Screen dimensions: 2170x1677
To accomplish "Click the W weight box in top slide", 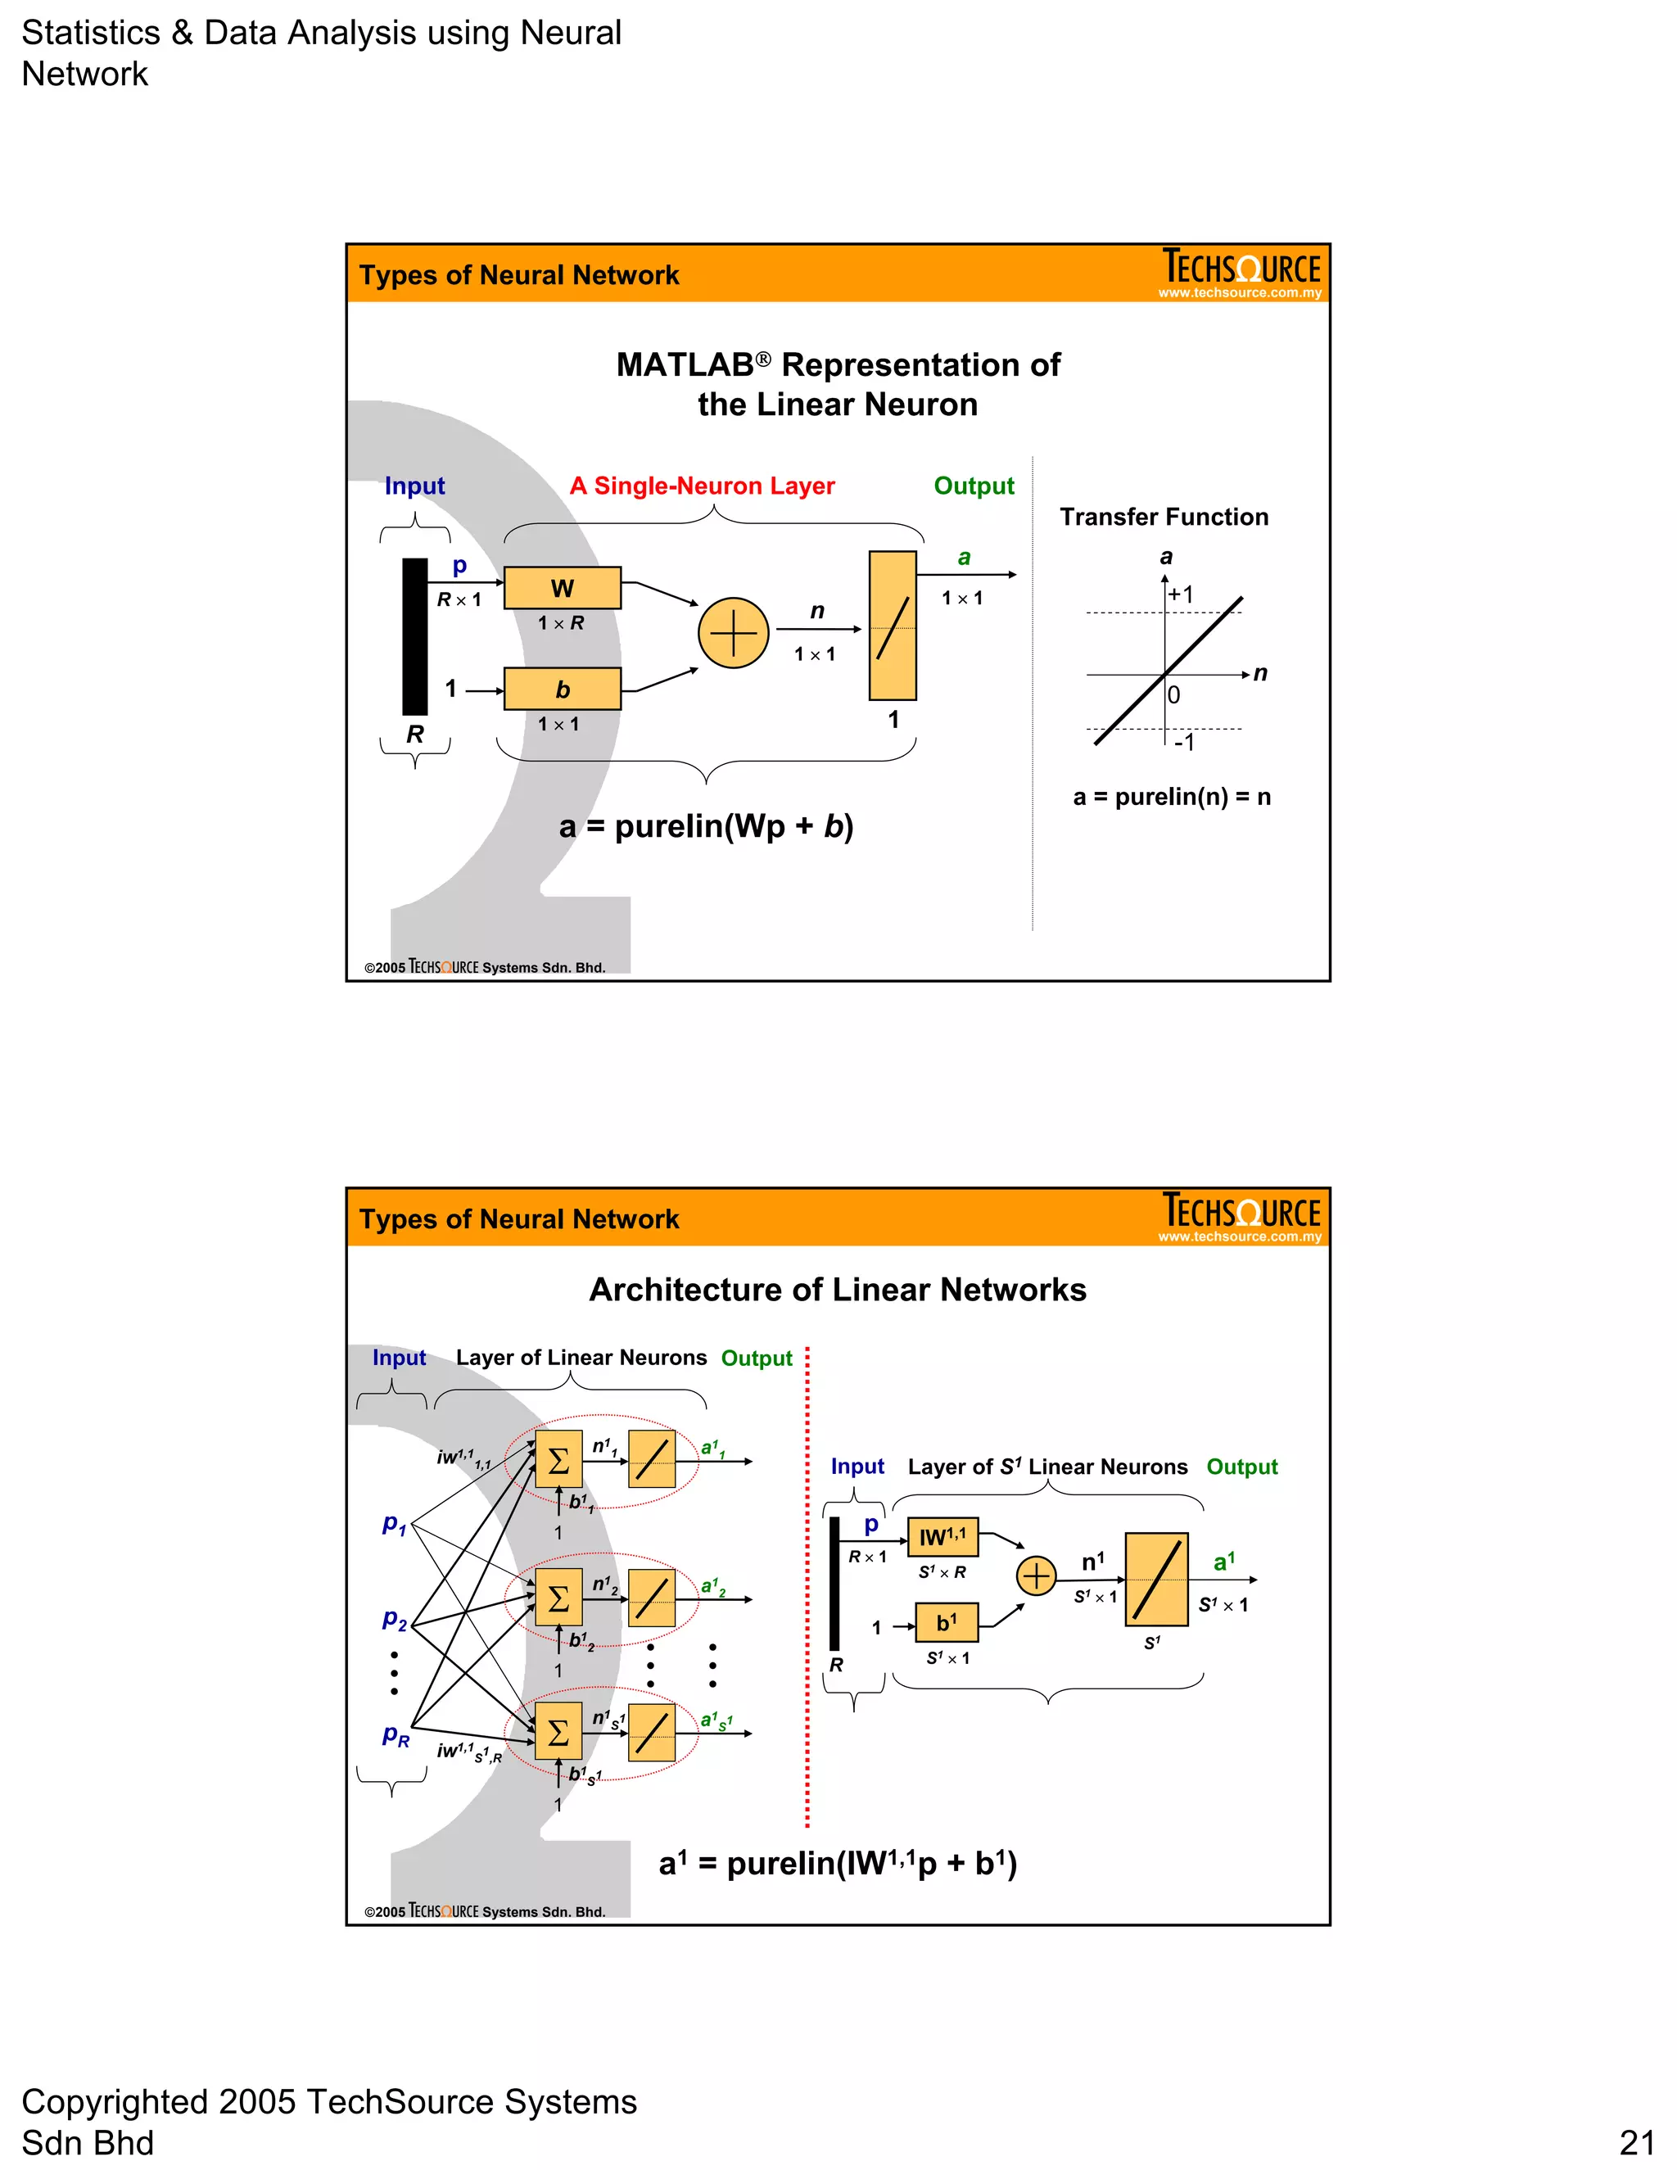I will pyautogui.click(x=563, y=588).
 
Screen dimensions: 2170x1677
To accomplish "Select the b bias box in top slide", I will pyautogui.click(x=563, y=689).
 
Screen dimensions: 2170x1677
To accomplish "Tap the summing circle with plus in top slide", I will pyautogui.click(x=733, y=633).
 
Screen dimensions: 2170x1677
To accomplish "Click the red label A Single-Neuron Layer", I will pyautogui.click(x=702, y=486).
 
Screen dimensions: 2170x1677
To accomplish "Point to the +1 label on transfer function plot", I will pyautogui.click(x=1182, y=594).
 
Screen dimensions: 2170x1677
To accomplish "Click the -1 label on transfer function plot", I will pyautogui.click(x=1183, y=742).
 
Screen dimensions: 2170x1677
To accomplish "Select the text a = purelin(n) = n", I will pyautogui.click(x=1171, y=797).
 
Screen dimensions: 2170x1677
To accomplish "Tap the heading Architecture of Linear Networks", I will pyautogui.click(x=838, y=1290).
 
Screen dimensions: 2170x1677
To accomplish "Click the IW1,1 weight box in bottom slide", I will pyautogui.click(x=942, y=1537).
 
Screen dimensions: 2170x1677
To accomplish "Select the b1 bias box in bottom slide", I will pyautogui.click(x=946, y=1622).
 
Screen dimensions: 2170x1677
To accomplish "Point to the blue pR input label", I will pyautogui.click(x=396, y=1735).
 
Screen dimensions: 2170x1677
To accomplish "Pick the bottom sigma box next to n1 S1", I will pyautogui.click(x=558, y=1733).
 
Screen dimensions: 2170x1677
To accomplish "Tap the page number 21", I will pyautogui.click(x=1636, y=2142).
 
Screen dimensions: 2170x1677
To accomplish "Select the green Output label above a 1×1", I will pyautogui.click(x=974, y=486).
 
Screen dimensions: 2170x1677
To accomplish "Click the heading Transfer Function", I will pyautogui.click(x=1164, y=517).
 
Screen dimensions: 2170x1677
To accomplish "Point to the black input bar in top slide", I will pyautogui.click(x=414, y=636).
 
